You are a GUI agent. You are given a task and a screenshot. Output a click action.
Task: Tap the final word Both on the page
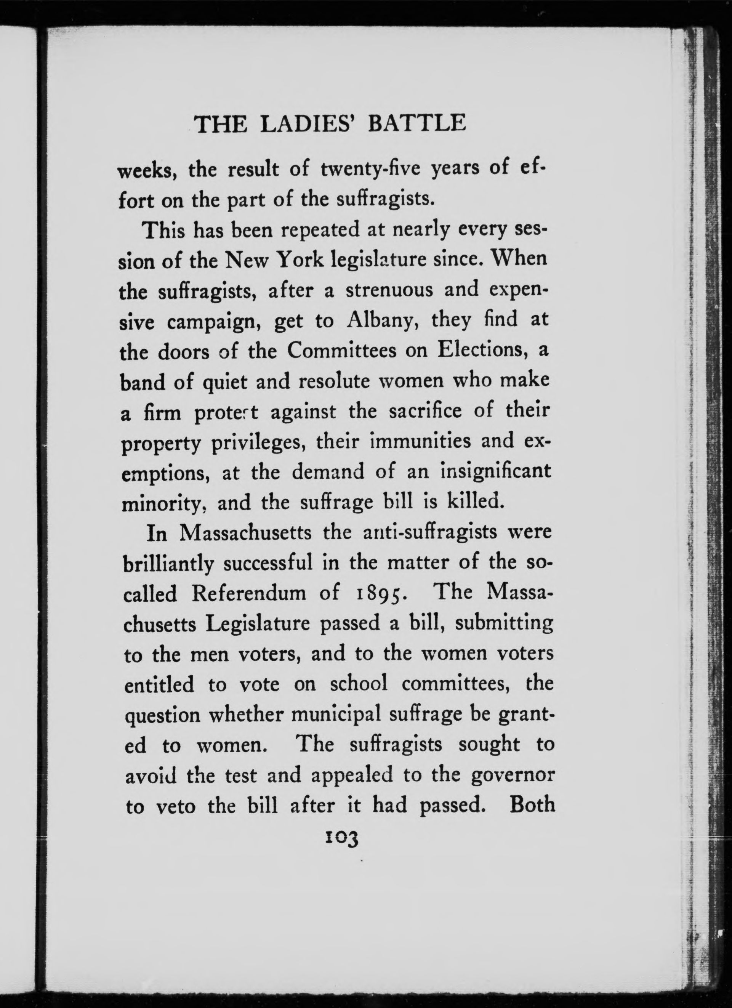pyautogui.click(x=532, y=805)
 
